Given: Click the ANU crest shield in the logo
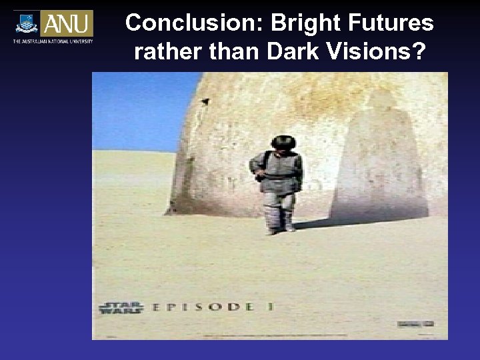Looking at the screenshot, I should point(27,23).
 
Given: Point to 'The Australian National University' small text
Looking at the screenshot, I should point(53,41).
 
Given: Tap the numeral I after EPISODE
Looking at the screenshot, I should point(272,307).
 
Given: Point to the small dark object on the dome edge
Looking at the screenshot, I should point(205,101).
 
